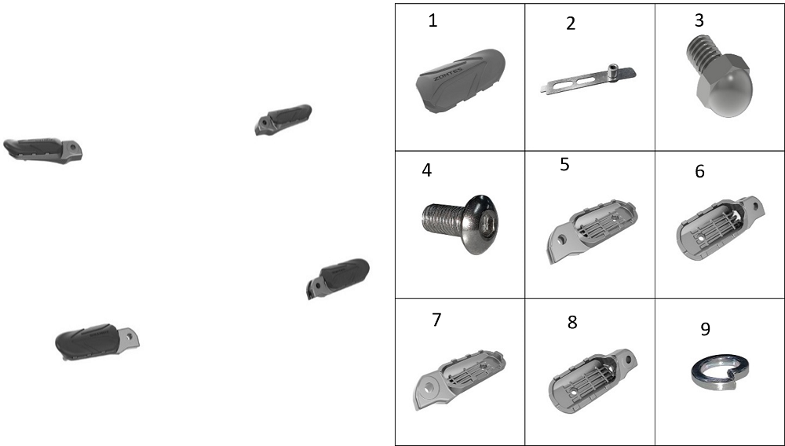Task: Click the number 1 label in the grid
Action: point(433,21)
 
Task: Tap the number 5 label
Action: point(564,164)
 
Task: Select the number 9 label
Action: point(705,329)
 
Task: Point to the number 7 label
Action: point(436,320)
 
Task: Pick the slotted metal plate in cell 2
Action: point(588,79)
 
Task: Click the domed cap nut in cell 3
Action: point(718,78)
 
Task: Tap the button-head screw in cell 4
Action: point(461,224)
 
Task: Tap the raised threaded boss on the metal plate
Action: point(612,71)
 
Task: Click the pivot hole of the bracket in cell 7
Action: point(429,387)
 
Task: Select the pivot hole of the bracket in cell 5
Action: point(562,240)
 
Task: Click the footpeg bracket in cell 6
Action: point(720,228)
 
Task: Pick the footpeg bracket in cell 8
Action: point(593,380)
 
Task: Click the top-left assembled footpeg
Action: point(43,150)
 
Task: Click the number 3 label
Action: point(699,20)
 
